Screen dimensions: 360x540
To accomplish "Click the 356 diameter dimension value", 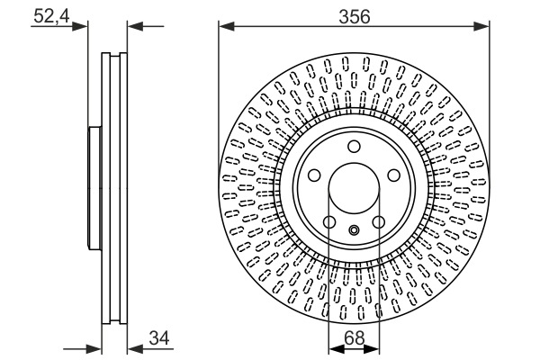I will click(x=354, y=15).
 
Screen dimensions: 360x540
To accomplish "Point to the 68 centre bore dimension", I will click(x=354, y=338).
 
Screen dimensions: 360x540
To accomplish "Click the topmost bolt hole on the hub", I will click(x=354, y=148).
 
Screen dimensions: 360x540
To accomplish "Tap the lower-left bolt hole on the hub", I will click(x=329, y=222).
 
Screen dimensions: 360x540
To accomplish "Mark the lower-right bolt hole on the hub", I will click(x=379, y=222).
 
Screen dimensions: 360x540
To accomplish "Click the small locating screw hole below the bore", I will click(x=354, y=229).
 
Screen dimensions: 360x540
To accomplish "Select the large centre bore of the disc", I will click(x=354, y=190).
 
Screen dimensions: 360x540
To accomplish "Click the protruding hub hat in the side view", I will click(x=92, y=190).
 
